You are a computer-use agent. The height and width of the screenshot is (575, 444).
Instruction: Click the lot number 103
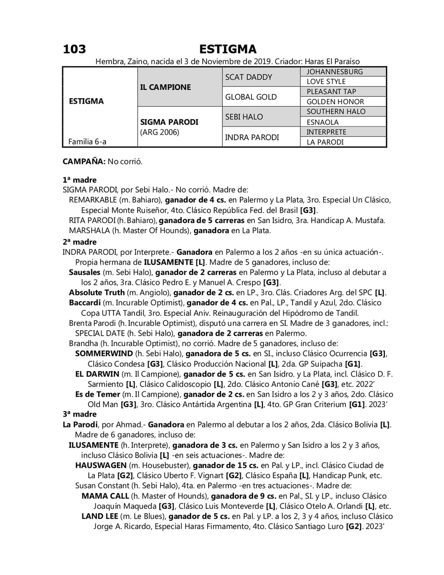(74, 49)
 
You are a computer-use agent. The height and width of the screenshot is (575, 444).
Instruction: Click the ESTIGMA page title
(228, 49)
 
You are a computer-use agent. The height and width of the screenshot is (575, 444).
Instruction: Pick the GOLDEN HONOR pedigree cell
(335, 102)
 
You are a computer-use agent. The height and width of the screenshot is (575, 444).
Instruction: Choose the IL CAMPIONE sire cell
(165, 87)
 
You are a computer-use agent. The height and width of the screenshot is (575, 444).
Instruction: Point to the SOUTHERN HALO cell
(336, 112)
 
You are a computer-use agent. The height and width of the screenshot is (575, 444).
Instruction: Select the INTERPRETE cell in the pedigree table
(326, 132)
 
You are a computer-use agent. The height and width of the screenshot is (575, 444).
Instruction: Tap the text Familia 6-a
(87, 142)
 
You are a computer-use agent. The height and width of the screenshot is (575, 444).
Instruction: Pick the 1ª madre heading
(79, 180)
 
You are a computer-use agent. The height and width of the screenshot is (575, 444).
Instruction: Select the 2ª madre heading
(79, 242)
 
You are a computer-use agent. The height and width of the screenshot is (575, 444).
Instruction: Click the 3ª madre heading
(79, 414)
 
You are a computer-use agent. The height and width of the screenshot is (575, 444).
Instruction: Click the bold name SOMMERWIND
(104, 353)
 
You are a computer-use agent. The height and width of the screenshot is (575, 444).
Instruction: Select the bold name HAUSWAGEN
(101, 465)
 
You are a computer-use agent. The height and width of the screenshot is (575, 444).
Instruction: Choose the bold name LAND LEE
(100, 516)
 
